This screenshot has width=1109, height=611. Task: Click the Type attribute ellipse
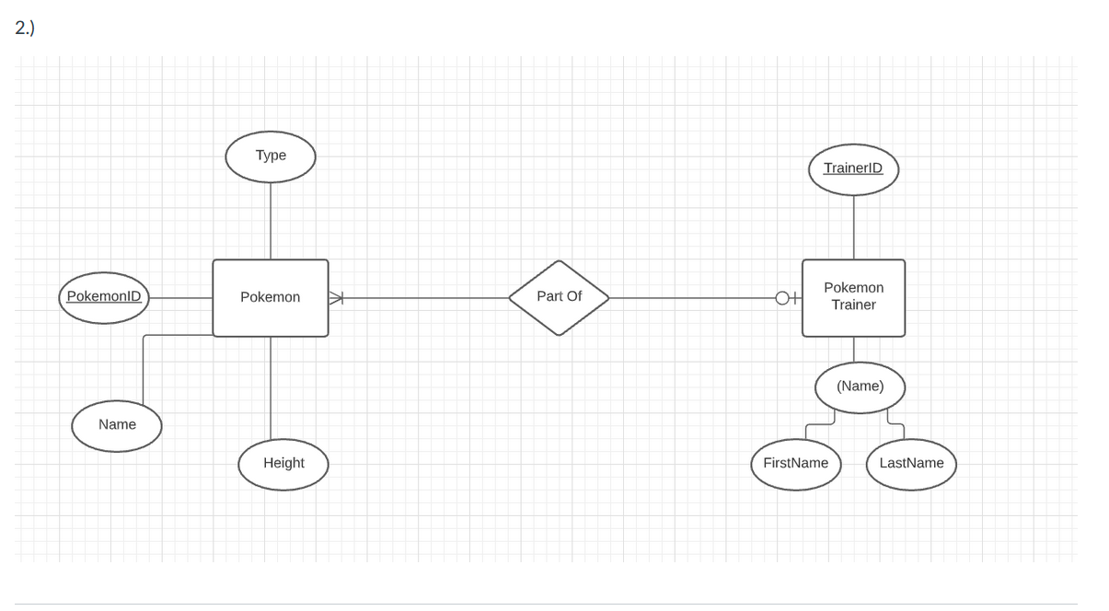pos(271,156)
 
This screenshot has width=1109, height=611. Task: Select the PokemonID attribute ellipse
pos(104,297)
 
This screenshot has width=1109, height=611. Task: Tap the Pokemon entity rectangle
pos(270,297)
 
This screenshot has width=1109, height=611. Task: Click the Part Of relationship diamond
pos(559,297)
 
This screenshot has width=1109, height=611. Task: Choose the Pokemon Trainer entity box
pos(853,297)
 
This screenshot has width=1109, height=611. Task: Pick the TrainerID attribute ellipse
pos(853,168)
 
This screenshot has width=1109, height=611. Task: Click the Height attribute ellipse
pos(283,464)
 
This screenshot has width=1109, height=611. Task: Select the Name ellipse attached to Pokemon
pos(117,425)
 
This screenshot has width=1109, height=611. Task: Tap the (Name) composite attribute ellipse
pos(860,386)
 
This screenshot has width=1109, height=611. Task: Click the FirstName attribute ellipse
pos(796,464)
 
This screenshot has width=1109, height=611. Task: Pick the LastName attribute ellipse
pos(911,464)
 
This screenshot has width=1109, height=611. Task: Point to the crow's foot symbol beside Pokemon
pos(336,297)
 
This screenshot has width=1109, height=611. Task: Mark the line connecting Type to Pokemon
pos(271,221)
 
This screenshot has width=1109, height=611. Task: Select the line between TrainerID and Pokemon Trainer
pos(853,227)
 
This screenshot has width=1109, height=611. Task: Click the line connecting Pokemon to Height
pos(271,386)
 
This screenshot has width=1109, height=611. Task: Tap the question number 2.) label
pos(25,28)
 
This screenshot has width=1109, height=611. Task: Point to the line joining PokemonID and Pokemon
pos(180,297)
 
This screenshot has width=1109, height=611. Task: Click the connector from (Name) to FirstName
pos(819,424)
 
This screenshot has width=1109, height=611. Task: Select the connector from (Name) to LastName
pos(895,424)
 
